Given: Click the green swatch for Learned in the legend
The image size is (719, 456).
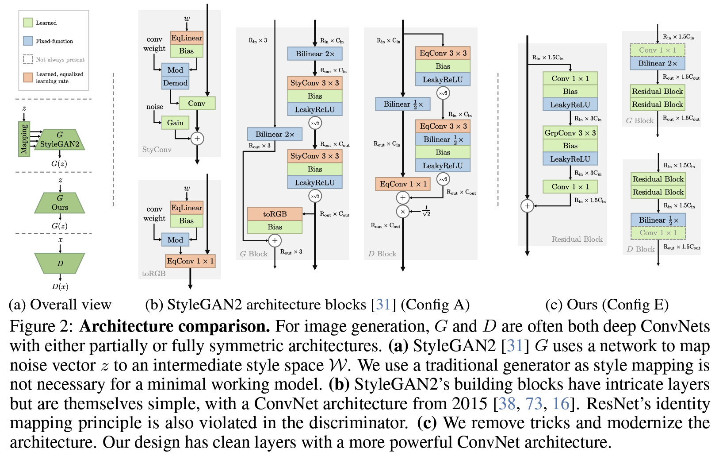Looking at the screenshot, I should (28, 23).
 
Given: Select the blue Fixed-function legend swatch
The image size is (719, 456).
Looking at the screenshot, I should (28, 41).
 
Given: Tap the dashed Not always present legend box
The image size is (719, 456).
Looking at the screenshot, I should (28, 59).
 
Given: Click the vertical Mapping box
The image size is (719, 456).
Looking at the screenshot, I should (24, 139).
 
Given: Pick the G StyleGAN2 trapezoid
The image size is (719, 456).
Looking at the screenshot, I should (60, 140).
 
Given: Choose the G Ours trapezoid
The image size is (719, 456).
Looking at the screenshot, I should (60, 203).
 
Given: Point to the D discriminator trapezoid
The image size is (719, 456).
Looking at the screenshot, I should (60, 263).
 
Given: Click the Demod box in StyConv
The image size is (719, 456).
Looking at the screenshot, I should (176, 83).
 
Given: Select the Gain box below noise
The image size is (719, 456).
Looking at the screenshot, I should (175, 123).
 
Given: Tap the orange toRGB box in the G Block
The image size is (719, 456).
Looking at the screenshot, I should (275, 214).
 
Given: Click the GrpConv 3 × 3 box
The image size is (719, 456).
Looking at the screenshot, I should (570, 133).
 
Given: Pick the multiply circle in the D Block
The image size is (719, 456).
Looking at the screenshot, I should (402, 212).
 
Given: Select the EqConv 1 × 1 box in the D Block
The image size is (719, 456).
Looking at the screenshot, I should (402, 184).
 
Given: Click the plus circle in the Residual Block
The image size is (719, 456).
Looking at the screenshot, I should (527, 206).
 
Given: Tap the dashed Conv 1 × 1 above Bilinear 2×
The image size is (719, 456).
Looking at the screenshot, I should (658, 50).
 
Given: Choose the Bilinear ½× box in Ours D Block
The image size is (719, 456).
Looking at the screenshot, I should (658, 220).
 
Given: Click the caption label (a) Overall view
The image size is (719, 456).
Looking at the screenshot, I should (60, 305).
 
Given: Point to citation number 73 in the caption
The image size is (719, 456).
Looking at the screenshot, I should (533, 403).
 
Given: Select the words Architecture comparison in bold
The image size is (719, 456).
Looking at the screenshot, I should (175, 326).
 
